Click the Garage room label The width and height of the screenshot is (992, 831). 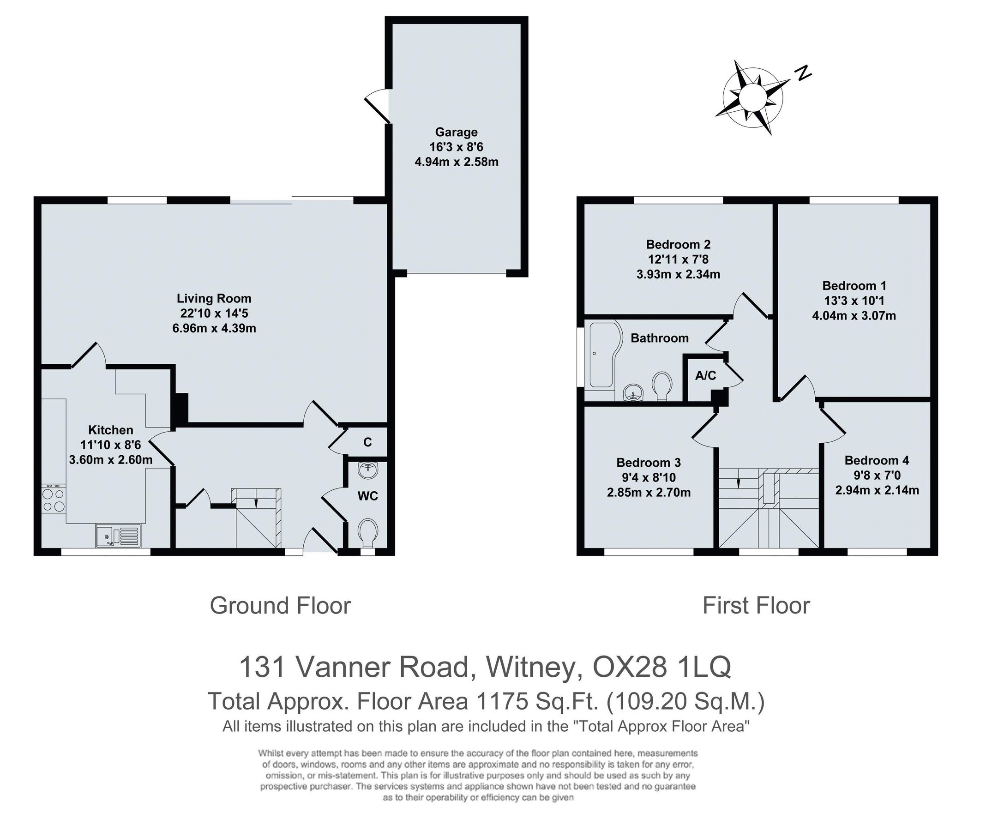[456, 132]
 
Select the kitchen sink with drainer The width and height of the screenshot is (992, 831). [118, 536]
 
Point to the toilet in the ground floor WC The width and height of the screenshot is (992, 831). [368, 530]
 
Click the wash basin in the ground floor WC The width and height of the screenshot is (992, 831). [368, 470]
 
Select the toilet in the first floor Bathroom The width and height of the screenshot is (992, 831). [662, 384]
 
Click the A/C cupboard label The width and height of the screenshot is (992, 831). [705, 376]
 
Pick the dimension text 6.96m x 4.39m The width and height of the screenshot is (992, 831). [214, 328]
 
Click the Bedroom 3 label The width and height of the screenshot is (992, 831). [648, 463]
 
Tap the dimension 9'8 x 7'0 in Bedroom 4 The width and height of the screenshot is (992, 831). [877, 475]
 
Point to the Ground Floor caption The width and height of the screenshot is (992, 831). [280, 606]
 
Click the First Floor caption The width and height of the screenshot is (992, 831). [756, 606]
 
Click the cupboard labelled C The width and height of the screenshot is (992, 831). [367, 442]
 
